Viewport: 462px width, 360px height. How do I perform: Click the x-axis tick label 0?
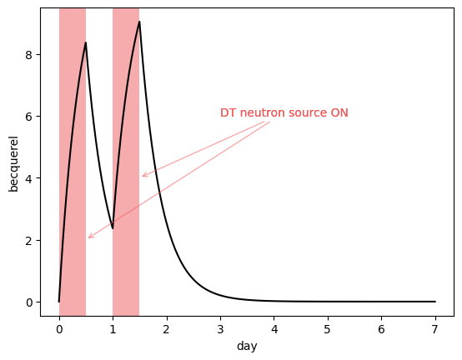[59, 329]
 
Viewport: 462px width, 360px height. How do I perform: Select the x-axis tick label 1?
[113, 329]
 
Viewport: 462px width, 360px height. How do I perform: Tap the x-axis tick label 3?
[220, 329]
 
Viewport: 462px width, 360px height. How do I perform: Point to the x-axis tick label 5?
[328, 329]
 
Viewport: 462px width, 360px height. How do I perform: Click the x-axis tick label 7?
[435, 329]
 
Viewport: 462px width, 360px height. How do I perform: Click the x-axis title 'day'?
[247, 346]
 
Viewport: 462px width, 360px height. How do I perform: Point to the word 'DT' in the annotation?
[228, 113]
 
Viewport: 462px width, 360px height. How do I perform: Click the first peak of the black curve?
[85, 42]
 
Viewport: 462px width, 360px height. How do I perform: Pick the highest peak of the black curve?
[139, 22]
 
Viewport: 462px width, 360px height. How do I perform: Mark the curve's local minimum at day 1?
[113, 228]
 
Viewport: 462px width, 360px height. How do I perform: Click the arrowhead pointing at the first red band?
[89, 237]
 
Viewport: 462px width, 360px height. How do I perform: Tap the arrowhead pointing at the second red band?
[143, 176]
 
